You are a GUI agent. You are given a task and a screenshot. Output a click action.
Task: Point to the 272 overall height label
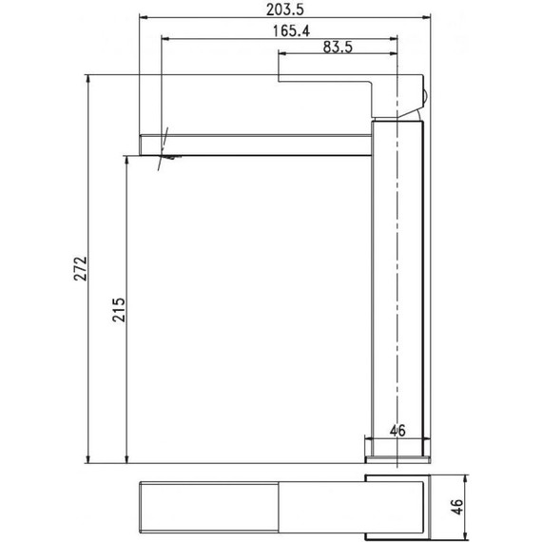pos(80,271)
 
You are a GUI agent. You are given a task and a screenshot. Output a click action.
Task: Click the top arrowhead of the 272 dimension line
pos(87,80)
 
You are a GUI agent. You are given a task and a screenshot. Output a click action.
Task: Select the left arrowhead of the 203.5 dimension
pos(145,16)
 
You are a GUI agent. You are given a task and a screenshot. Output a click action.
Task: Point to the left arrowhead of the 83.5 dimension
pos(281,55)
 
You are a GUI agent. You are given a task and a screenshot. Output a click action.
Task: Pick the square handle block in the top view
pos(399,503)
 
